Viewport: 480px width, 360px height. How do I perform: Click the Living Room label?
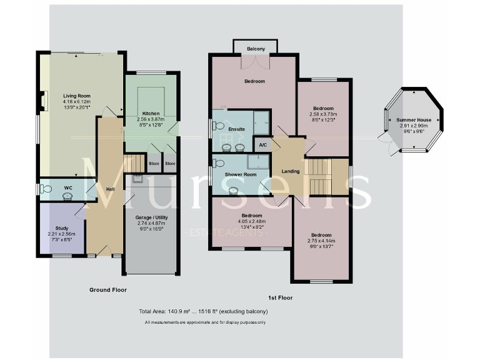tap(76, 96)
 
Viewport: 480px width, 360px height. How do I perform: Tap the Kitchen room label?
tap(151, 113)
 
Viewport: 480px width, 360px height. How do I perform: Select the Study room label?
tap(61, 228)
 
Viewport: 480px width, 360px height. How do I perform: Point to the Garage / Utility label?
tap(152, 217)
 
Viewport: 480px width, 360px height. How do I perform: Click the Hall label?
tap(110, 189)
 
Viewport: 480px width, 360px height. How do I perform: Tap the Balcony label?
tap(255, 49)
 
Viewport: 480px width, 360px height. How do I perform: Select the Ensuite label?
tap(236, 129)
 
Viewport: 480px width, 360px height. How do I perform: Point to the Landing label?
tap(291, 171)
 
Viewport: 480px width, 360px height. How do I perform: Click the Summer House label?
tap(414, 119)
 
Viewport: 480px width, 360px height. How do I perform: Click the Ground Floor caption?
tap(108, 290)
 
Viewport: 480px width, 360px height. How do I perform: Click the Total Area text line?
tap(204, 311)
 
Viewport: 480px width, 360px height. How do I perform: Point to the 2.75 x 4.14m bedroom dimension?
tap(323, 240)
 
